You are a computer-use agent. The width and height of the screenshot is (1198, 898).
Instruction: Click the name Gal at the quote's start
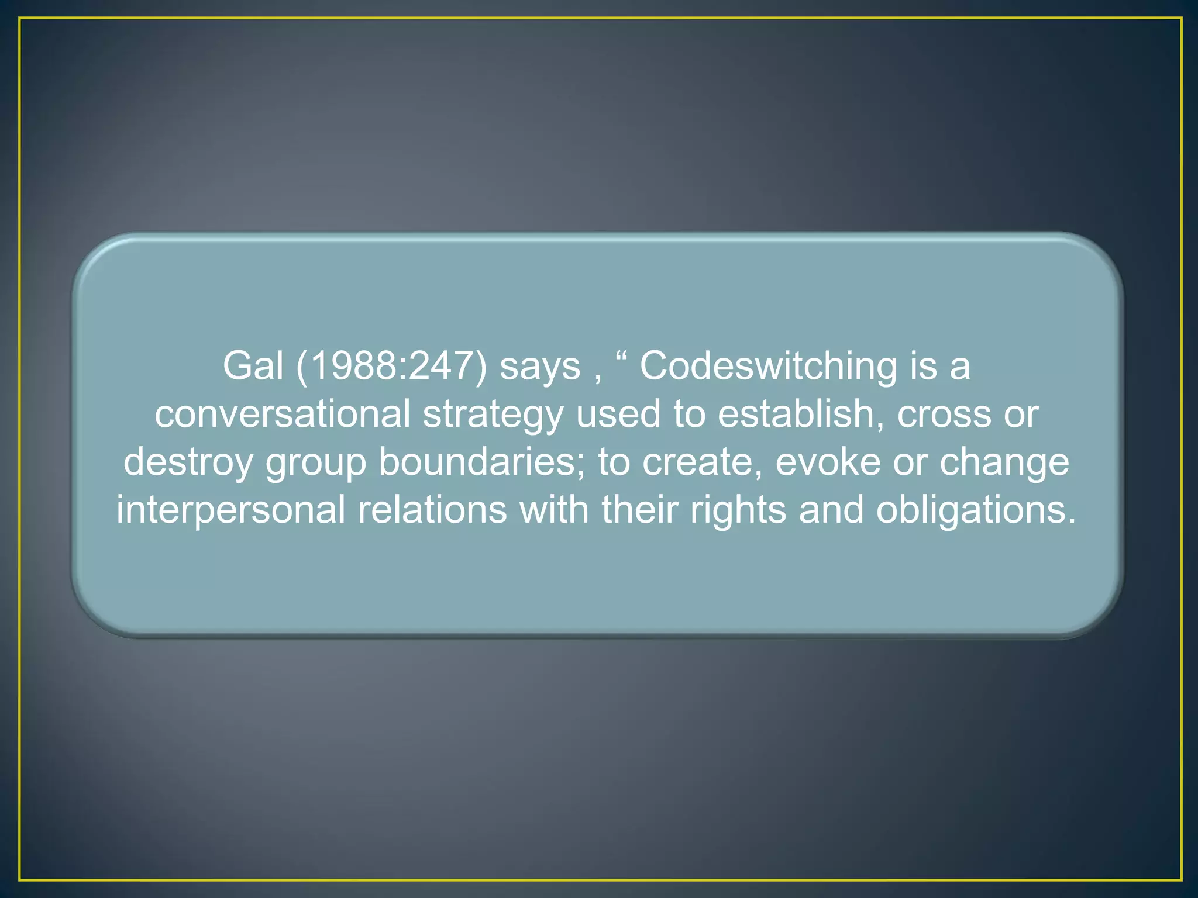coord(253,366)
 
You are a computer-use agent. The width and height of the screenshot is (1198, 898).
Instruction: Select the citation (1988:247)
coord(391,367)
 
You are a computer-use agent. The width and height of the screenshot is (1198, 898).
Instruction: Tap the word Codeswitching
coord(767,367)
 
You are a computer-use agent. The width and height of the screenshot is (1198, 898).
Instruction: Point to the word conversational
coord(283,414)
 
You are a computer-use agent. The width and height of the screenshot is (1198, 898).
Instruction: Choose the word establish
coord(801,414)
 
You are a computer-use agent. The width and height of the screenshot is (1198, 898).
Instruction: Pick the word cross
coord(944,415)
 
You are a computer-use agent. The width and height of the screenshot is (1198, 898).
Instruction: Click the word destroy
coord(188,463)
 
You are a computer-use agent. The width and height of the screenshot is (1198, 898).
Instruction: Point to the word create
coord(702,462)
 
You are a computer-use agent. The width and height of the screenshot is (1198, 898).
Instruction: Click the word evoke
coord(828,462)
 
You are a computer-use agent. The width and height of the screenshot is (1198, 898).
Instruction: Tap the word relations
coord(432,510)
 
